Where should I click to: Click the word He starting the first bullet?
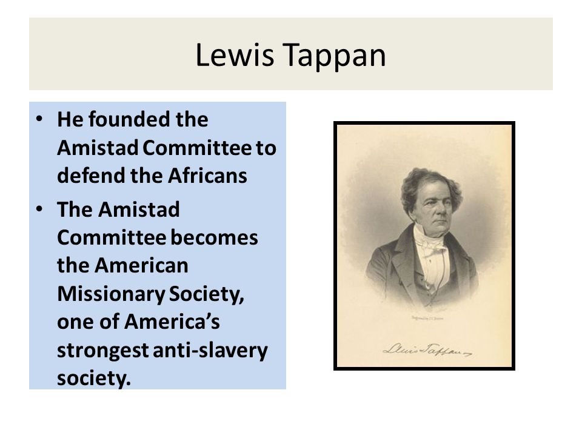click(x=68, y=120)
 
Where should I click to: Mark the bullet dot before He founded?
click(x=40, y=120)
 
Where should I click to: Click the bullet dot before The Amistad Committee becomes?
click(x=40, y=210)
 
